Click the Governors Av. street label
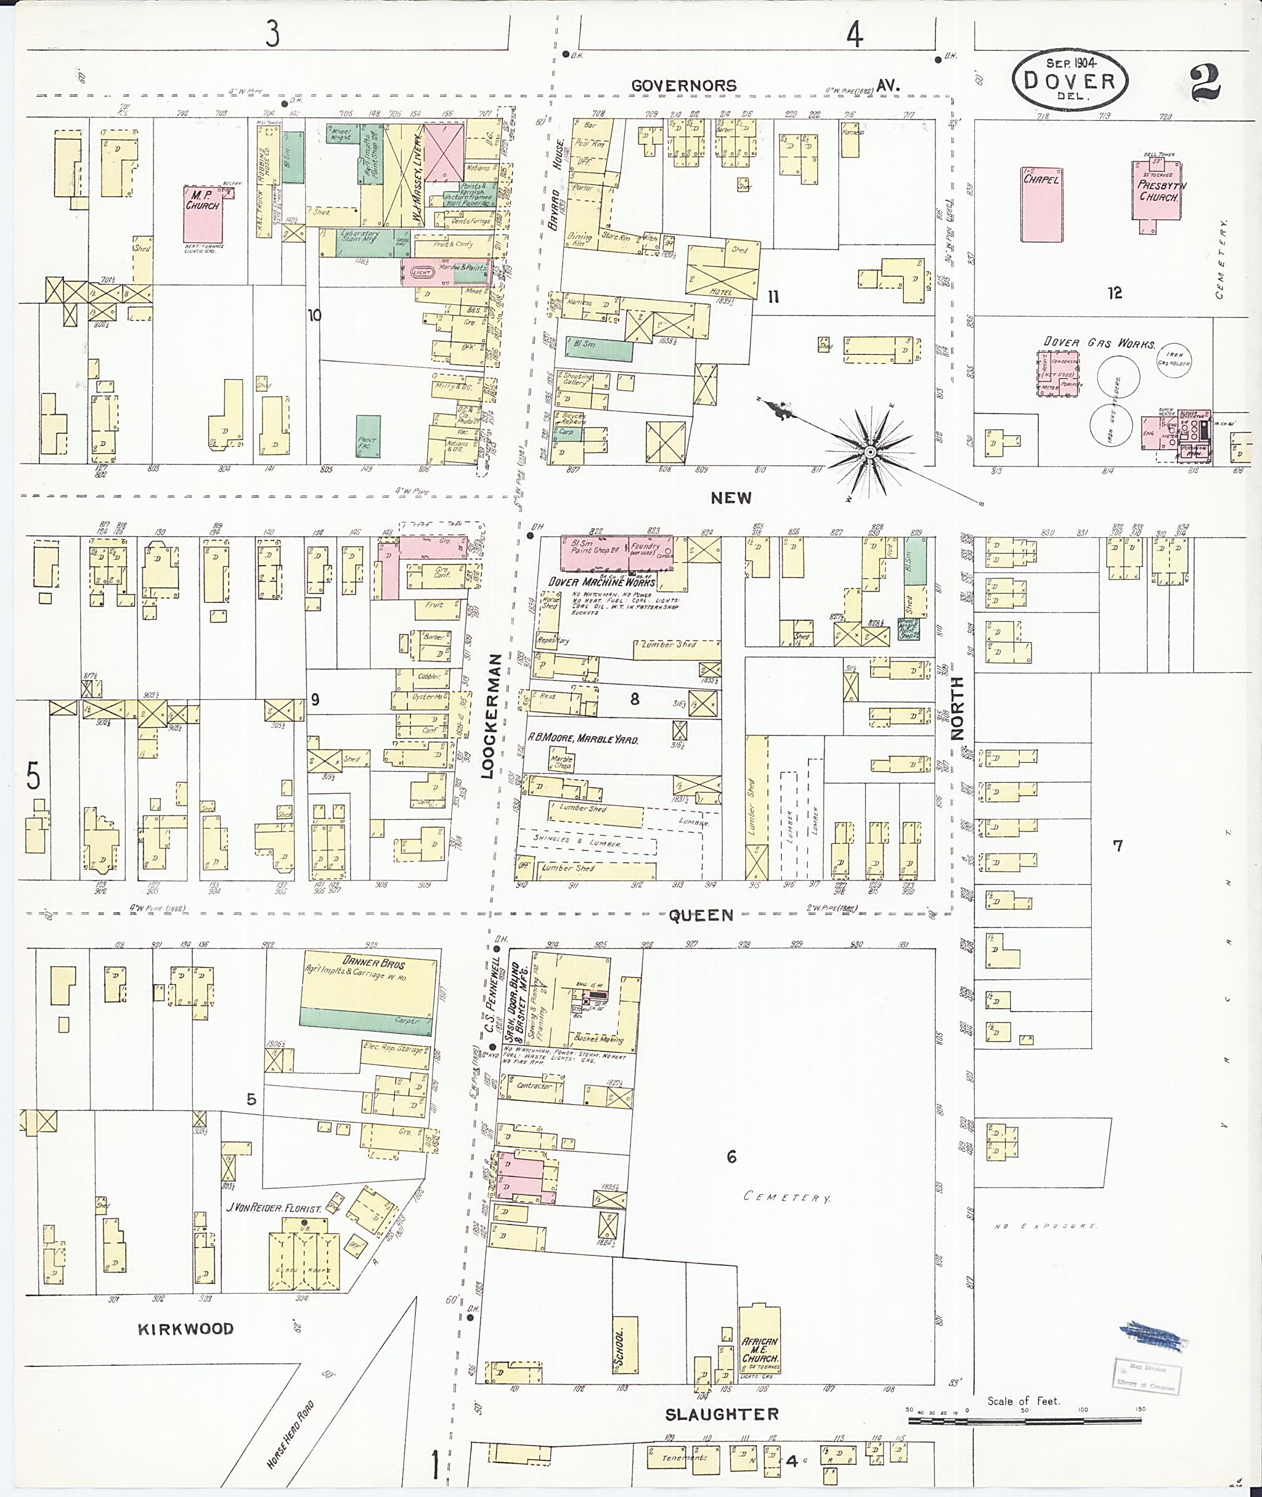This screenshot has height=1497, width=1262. pyautogui.click(x=763, y=86)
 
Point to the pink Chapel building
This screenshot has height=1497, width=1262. pyautogui.click(x=1041, y=205)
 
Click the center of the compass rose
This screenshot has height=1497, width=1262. pyautogui.click(x=870, y=452)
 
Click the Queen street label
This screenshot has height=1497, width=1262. pyautogui.click(x=701, y=915)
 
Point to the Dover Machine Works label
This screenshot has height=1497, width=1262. pyautogui.click(x=601, y=582)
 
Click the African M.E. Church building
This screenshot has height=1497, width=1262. pyautogui.click(x=759, y=1347)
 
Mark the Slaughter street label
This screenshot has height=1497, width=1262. pyautogui.click(x=721, y=1414)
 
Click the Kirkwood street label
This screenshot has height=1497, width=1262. pyautogui.click(x=186, y=1329)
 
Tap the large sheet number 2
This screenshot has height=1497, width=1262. pyautogui.click(x=1205, y=83)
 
